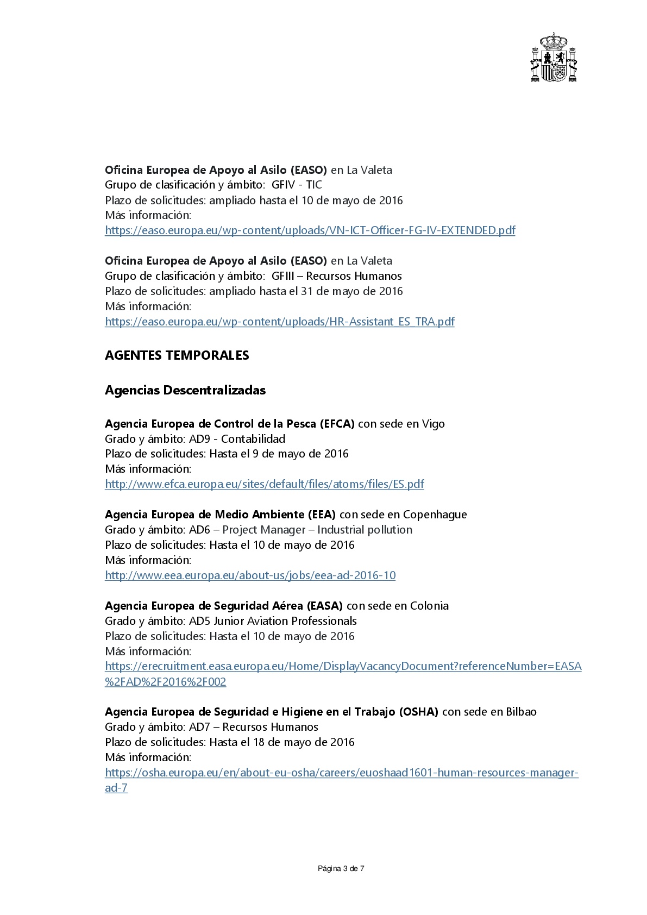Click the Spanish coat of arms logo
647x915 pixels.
[554, 58]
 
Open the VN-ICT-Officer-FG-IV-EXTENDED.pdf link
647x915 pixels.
[310, 230]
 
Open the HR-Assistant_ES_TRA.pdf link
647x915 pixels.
[279, 322]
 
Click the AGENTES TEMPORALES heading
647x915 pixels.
[177, 355]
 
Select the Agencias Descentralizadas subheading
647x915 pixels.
[185, 390]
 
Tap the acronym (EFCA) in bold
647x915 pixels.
[337, 424]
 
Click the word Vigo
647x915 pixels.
[433, 424]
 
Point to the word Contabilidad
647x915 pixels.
[253, 439]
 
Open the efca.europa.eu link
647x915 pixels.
[264, 484]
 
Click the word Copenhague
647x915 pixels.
[435, 515]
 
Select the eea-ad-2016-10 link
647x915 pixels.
[250, 575]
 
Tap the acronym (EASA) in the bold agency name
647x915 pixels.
[324, 606]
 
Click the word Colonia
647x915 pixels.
[429, 606]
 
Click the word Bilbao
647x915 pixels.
[521, 712]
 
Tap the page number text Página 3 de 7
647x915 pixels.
[341, 869]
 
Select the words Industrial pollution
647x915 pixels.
[365, 530]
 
